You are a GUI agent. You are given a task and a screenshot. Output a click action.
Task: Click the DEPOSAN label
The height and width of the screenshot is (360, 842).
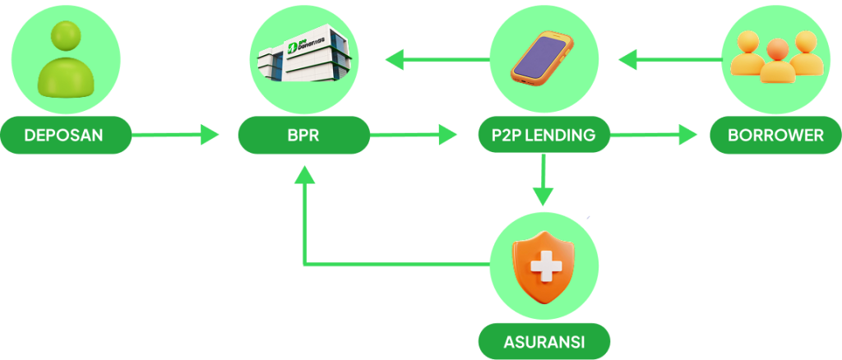click(x=63, y=135)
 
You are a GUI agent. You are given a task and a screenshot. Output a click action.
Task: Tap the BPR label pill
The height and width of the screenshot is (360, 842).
click(x=303, y=135)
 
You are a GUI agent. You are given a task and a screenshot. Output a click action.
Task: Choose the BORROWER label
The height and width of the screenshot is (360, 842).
click(x=775, y=135)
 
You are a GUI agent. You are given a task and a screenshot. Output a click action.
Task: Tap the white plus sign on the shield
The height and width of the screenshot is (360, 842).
click(x=543, y=265)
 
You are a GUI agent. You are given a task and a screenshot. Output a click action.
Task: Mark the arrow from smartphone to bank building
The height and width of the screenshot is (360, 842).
click(x=436, y=59)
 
